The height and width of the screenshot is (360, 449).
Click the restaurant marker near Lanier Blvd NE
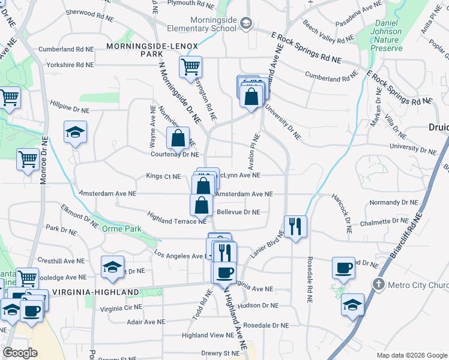point(295,227)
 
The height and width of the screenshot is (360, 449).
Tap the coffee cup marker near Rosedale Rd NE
point(344,268)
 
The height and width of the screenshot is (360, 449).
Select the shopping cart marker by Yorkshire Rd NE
point(190,66)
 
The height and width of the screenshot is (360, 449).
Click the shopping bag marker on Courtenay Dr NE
point(178,139)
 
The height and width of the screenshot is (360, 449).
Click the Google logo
point(21,352)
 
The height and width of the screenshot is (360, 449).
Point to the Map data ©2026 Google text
point(411,355)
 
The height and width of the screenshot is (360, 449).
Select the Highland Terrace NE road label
point(176,221)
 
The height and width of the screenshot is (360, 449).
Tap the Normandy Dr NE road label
point(394,203)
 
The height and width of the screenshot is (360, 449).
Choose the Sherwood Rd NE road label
point(89,12)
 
